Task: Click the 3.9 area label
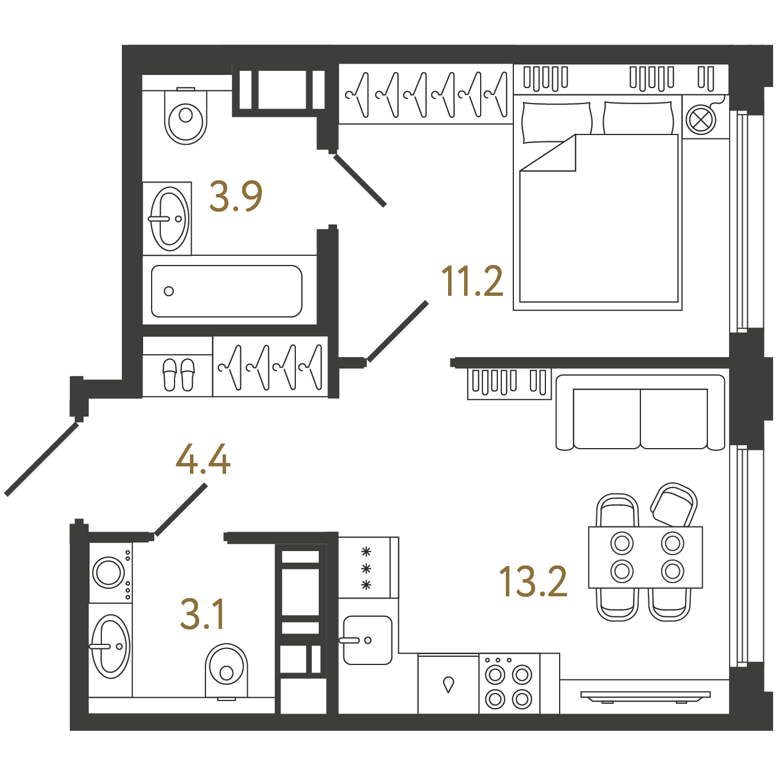pyautogui.click(x=236, y=196)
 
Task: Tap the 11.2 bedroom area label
pyautogui.click(x=472, y=282)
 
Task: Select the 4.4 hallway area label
pyautogui.click(x=203, y=460)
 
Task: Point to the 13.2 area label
pyautogui.click(x=533, y=581)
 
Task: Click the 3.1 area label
pyautogui.click(x=202, y=614)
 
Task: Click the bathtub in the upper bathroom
pyautogui.click(x=227, y=291)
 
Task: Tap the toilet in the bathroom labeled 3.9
pyautogui.click(x=185, y=116)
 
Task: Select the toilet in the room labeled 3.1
pyautogui.click(x=226, y=672)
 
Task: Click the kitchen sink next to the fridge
pyautogui.click(x=367, y=640)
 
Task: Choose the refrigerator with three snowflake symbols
pyautogui.click(x=369, y=568)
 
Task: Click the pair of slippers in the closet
pyautogui.click(x=179, y=374)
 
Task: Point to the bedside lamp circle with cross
pyautogui.click(x=700, y=120)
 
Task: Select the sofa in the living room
pyautogui.click(x=640, y=413)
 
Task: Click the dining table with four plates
pyautogui.click(x=646, y=557)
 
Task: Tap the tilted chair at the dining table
pyautogui.click(x=674, y=505)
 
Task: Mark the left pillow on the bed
pyautogui.click(x=557, y=122)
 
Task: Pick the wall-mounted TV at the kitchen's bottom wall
pyautogui.click(x=645, y=695)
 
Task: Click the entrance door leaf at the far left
pyautogui.click(x=41, y=458)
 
